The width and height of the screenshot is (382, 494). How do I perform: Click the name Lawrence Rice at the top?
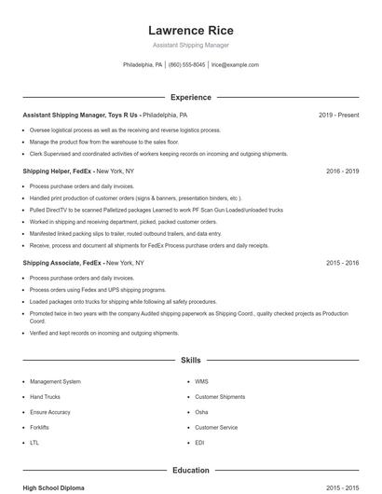(190, 30)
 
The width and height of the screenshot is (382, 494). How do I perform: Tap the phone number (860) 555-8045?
(186, 65)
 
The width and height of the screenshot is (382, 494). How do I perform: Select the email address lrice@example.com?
(235, 65)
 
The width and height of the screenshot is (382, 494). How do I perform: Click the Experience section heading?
(190, 97)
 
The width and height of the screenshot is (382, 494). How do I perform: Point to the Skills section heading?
(190, 359)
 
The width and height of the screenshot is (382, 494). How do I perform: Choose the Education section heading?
(190, 471)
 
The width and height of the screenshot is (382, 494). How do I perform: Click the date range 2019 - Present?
(338, 115)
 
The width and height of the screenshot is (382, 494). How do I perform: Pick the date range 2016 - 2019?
(342, 172)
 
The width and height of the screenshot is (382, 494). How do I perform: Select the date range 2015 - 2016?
(342, 263)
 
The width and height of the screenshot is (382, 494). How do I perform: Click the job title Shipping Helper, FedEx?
(58, 172)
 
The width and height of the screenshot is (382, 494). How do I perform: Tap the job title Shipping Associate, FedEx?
(62, 263)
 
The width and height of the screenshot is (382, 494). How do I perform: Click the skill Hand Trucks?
(46, 397)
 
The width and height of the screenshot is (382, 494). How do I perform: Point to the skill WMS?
(202, 381)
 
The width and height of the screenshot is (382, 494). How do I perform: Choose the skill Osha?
(201, 412)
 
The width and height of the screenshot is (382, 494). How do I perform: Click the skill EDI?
(200, 442)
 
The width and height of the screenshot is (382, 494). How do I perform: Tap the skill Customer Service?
(216, 427)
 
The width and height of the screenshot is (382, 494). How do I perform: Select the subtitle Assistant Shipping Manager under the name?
(190, 45)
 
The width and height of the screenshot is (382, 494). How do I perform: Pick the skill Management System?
(55, 381)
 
